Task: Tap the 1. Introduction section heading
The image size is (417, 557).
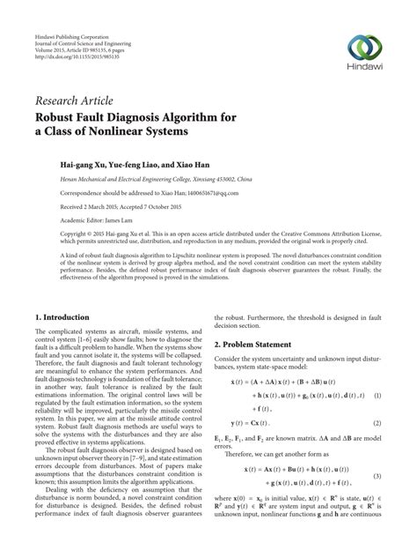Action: pyautogui.click(x=62, y=316)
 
